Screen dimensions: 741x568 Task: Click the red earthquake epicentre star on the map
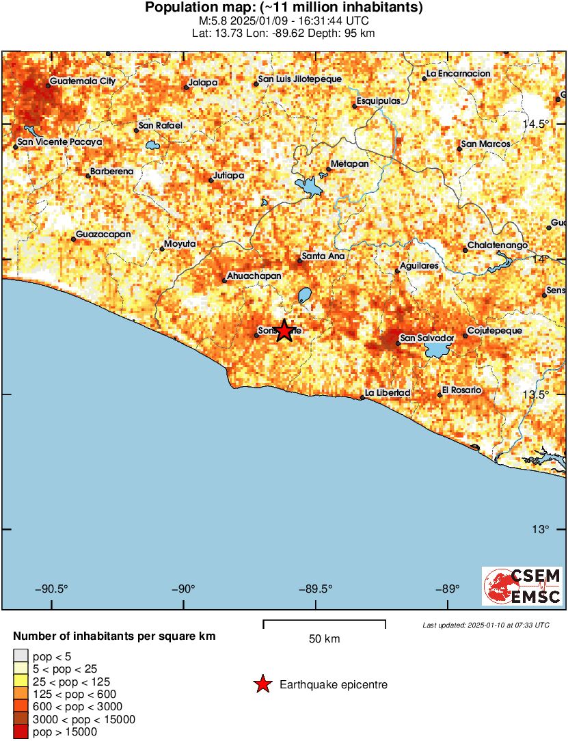pyautogui.click(x=284, y=330)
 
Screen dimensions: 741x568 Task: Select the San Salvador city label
pyautogui.click(x=427, y=338)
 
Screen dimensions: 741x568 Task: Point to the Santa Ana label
pyautogui.click(x=323, y=256)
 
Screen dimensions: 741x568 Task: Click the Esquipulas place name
pyautogui.click(x=381, y=100)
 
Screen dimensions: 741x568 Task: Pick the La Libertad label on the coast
pyautogui.click(x=388, y=392)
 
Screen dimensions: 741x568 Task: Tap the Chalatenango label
pyautogui.click(x=498, y=245)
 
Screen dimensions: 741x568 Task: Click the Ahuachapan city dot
pyautogui.click(x=224, y=280)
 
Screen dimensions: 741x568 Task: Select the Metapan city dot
pyautogui.click(x=329, y=169)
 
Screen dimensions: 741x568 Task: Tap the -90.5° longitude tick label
pyautogui.click(x=53, y=589)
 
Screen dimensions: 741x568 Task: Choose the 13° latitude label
pyautogui.click(x=542, y=529)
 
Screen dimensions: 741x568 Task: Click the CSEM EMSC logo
pyautogui.click(x=522, y=586)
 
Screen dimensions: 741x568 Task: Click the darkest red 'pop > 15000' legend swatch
pyautogui.click(x=21, y=732)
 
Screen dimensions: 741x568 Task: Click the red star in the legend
pyautogui.click(x=262, y=684)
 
